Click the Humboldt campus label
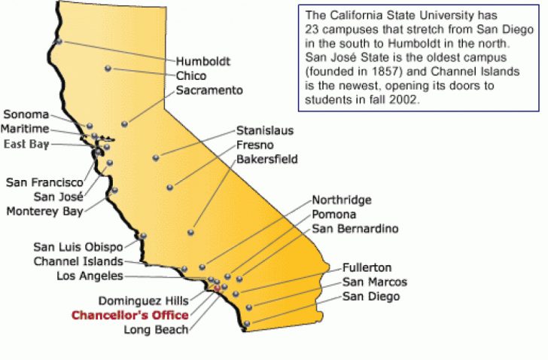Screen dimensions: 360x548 203,61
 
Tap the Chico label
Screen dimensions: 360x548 191,76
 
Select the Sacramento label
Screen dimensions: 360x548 209,90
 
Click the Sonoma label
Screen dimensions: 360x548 26,115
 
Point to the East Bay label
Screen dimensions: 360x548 27,144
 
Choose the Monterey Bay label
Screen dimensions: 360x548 44,211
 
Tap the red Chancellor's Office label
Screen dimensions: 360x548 130,315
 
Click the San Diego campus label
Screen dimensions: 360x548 371,297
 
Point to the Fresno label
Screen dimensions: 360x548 254,145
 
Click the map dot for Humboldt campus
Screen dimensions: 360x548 59,41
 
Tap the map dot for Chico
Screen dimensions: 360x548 108,69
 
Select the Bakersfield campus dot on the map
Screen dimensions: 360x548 190,232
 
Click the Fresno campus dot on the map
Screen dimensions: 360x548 170,187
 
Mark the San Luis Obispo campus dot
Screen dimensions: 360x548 143,236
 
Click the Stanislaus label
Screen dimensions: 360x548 265,130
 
